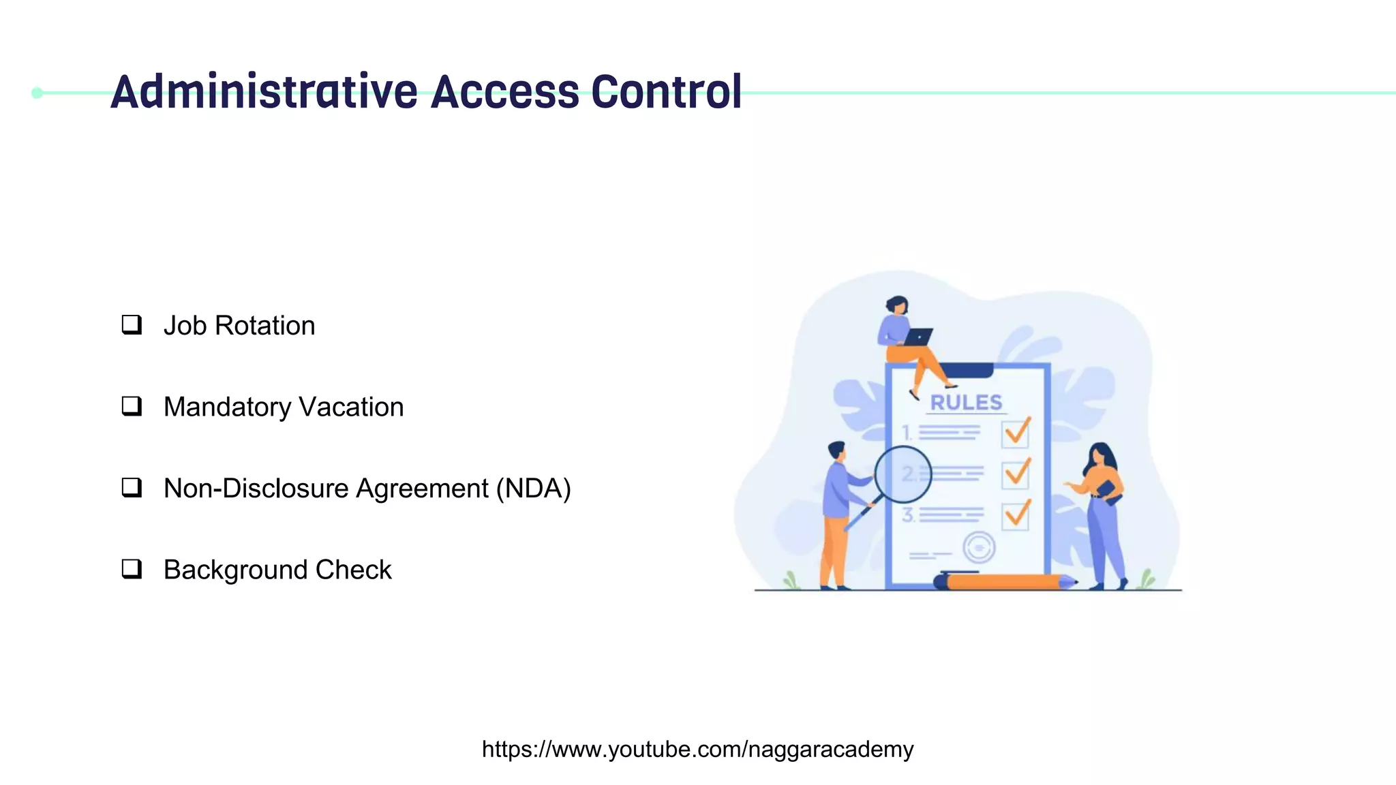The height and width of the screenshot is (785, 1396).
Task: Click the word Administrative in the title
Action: coord(264,92)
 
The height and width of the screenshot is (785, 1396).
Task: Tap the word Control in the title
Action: coord(666,92)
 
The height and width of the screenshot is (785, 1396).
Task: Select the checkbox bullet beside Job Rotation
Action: coord(132,324)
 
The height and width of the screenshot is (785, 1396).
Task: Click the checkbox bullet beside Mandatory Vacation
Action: coord(132,406)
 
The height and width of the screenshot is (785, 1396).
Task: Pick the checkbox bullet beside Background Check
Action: coord(132,568)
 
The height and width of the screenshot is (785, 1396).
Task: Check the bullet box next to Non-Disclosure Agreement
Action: coord(132,487)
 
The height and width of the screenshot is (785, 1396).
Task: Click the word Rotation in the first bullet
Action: coord(264,326)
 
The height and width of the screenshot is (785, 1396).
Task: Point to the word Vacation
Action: coord(351,407)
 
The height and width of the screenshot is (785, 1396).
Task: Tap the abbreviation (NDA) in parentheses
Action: coord(533,489)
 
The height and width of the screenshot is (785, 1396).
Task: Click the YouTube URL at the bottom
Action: coord(697,749)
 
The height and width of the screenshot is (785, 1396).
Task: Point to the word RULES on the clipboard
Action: coord(966,403)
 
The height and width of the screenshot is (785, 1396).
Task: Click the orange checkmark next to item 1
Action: coord(1016,431)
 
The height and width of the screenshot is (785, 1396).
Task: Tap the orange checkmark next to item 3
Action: coord(1016,513)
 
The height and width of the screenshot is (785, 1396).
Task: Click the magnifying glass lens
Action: coord(902,474)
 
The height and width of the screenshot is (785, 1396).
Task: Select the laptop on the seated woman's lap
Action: coord(917,337)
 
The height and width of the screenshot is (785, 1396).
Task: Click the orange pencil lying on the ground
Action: coord(1005,582)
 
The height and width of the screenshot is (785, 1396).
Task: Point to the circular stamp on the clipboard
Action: coord(979,547)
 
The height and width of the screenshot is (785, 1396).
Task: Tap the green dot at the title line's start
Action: coord(37,93)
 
